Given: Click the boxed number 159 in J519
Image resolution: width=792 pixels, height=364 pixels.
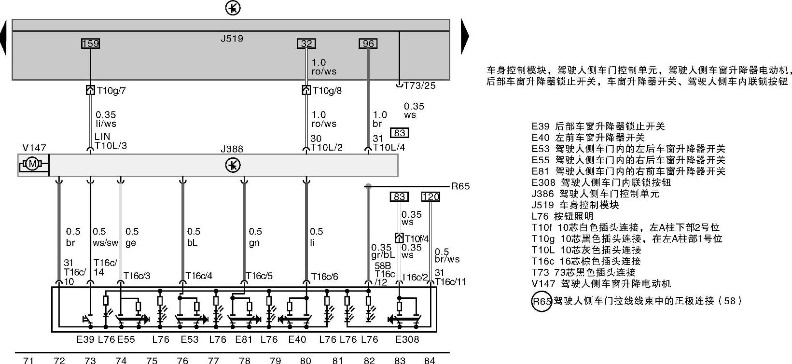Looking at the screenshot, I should tap(90, 43).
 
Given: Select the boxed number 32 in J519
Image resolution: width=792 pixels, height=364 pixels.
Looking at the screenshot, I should tap(306, 43).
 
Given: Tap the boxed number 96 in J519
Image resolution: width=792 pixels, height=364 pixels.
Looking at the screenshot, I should tap(368, 43).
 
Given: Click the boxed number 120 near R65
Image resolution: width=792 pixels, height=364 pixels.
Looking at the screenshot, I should tap(430, 196).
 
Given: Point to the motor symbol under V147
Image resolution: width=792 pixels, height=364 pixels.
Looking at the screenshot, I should tap(33, 165).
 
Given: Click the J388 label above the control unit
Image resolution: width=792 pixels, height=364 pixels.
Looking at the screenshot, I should tap(232, 149).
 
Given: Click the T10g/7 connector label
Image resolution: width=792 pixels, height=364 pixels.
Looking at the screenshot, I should tap(111, 90).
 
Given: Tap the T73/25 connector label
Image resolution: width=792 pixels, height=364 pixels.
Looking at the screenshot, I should tap(419, 85).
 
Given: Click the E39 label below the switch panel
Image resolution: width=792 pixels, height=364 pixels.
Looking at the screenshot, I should tap(85, 339).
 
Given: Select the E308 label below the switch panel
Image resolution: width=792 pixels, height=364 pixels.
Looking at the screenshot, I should tap(407, 339).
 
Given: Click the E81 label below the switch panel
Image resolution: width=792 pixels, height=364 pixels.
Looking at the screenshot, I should tap(244, 339).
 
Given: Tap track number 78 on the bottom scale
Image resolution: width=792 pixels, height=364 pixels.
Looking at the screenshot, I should tap(245, 360).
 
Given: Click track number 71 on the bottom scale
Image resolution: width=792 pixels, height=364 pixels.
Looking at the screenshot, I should tap(28, 360).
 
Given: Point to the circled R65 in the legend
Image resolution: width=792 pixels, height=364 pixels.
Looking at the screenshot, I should tap(542, 302).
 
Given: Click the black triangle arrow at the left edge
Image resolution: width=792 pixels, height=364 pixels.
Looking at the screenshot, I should tap(3, 38).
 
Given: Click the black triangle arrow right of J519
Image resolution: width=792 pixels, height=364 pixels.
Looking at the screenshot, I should tap(465, 37).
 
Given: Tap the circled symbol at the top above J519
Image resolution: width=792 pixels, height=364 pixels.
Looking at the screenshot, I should tap(233, 8).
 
